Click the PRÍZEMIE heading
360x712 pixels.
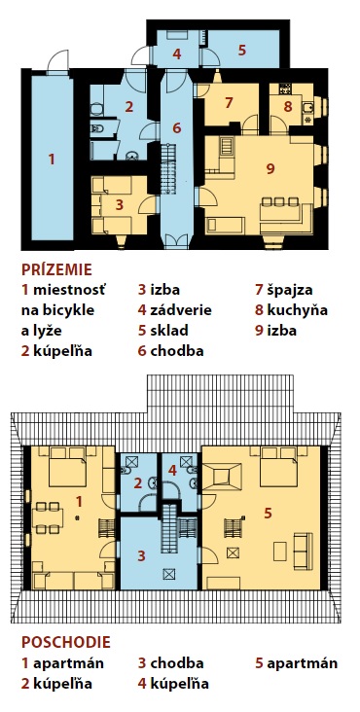coord(56,269)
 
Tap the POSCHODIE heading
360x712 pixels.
coord(66,642)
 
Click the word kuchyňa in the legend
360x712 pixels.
coord(298,310)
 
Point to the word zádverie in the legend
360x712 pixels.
coord(181,310)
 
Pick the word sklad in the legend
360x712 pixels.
coord(169,331)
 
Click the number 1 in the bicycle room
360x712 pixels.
coord(52,160)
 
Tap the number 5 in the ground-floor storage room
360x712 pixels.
coord(242,50)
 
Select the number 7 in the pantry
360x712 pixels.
coord(229,103)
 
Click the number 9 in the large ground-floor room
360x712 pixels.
coord(270,169)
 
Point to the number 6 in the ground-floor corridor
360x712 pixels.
coord(177,128)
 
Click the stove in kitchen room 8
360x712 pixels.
coord(285,89)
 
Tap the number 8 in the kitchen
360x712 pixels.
coord(287,106)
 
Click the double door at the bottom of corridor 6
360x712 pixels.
coord(176,241)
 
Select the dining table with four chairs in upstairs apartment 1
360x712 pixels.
coord(48,517)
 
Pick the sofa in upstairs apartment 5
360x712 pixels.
coord(303,552)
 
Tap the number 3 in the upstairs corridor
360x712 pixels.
coord(142,555)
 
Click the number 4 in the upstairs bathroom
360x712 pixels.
coord(172,471)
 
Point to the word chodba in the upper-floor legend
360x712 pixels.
coord(177,663)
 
